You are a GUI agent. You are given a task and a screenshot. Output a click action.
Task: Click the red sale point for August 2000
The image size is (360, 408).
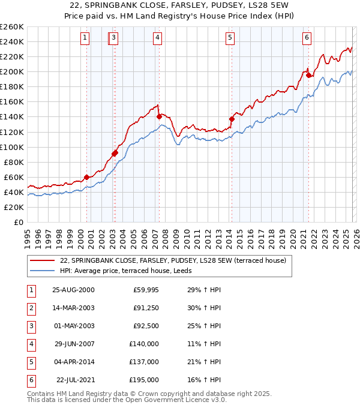86,177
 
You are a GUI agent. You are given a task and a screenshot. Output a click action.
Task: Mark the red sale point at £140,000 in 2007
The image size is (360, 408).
159,116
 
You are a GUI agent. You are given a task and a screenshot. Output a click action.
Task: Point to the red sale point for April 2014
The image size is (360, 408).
231,119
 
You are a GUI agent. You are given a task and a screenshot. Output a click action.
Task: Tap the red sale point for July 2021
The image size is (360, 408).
308,75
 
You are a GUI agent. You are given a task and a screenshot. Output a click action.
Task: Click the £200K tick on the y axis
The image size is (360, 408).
12,71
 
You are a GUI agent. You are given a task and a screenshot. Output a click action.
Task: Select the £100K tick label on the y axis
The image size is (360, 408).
12,147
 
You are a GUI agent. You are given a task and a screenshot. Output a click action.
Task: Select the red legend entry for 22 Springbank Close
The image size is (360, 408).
174,260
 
